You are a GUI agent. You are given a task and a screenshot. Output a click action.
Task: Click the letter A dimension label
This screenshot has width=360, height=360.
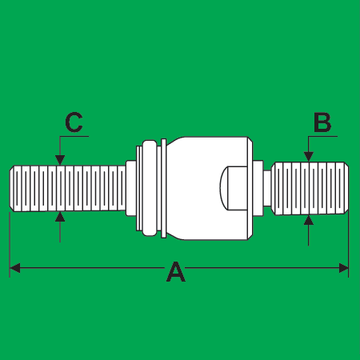(176, 272)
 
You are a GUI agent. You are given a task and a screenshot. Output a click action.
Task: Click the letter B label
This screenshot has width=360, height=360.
(322, 122)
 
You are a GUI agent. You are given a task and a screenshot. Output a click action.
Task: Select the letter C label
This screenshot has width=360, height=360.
(74, 122)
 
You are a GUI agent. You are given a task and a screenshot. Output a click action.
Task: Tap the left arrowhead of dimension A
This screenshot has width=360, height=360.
(14, 268)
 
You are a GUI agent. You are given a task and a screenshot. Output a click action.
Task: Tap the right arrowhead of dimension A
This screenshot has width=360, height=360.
(344, 268)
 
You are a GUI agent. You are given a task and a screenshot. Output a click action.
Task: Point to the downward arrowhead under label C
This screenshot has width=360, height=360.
(60, 161)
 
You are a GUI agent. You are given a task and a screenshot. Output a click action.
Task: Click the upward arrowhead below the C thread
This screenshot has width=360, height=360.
(60, 217)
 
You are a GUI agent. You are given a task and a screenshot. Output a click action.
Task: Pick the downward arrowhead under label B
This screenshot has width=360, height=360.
(309, 157)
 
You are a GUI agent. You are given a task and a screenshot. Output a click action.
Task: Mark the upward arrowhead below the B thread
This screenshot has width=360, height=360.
(309, 220)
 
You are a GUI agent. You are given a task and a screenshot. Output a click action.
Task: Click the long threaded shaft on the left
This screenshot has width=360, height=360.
(68, 188)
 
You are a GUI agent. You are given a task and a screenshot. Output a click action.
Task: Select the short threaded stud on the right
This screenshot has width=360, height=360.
(310, 188)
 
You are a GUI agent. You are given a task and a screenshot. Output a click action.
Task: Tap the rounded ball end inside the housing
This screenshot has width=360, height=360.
(233, 188)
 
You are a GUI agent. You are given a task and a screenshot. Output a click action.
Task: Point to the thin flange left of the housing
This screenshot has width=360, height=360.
(164, 188)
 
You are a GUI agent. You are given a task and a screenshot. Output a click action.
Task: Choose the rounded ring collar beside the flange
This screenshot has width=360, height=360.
(150, 188)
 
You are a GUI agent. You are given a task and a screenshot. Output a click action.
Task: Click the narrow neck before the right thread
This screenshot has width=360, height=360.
(267, 188)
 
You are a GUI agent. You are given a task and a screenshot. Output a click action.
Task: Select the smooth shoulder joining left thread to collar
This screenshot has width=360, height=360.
(130, 188)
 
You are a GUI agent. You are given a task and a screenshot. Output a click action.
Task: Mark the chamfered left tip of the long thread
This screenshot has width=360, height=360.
(12, 188)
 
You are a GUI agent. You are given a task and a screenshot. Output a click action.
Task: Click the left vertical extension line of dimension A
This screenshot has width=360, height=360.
(10, 245)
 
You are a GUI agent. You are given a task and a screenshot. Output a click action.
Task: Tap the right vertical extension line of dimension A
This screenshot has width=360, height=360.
(349, 244)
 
